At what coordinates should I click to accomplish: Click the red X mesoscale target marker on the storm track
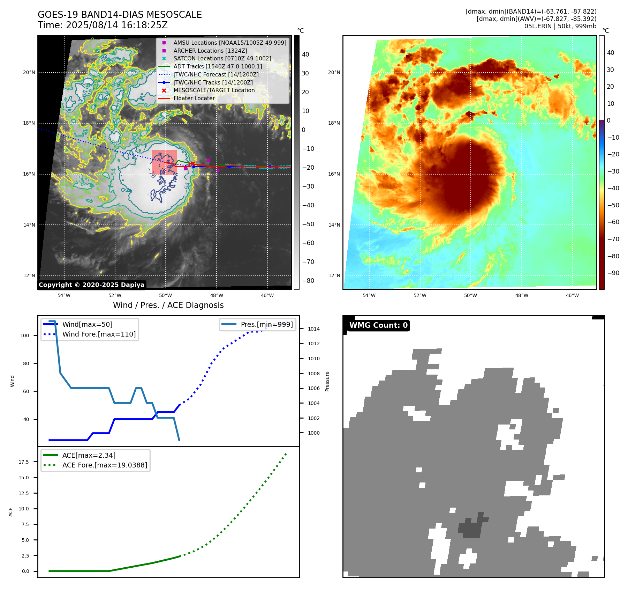pos(192,164)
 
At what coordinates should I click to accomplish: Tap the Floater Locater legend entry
pos(194,98)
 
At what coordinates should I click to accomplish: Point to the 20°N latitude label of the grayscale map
pos(29,73)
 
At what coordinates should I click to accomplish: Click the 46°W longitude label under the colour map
pos(572,295)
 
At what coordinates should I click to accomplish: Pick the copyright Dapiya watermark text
pos(91,285)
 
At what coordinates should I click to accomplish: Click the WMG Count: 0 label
pos(378,325)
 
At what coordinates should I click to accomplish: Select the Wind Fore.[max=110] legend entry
pos(99,334)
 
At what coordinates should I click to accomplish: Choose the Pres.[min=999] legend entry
pos(267,324)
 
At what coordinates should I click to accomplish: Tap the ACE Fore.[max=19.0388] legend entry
pos(105,465)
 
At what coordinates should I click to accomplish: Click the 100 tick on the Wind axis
pos(25,335)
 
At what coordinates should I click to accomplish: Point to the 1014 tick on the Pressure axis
pos(313,329)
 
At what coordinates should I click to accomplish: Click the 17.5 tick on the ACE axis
pos(24,462)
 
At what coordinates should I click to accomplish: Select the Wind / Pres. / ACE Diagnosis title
pos(168,305)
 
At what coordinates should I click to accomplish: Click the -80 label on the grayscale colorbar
pos(308,281)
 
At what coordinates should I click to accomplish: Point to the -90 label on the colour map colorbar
pos(613,273)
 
